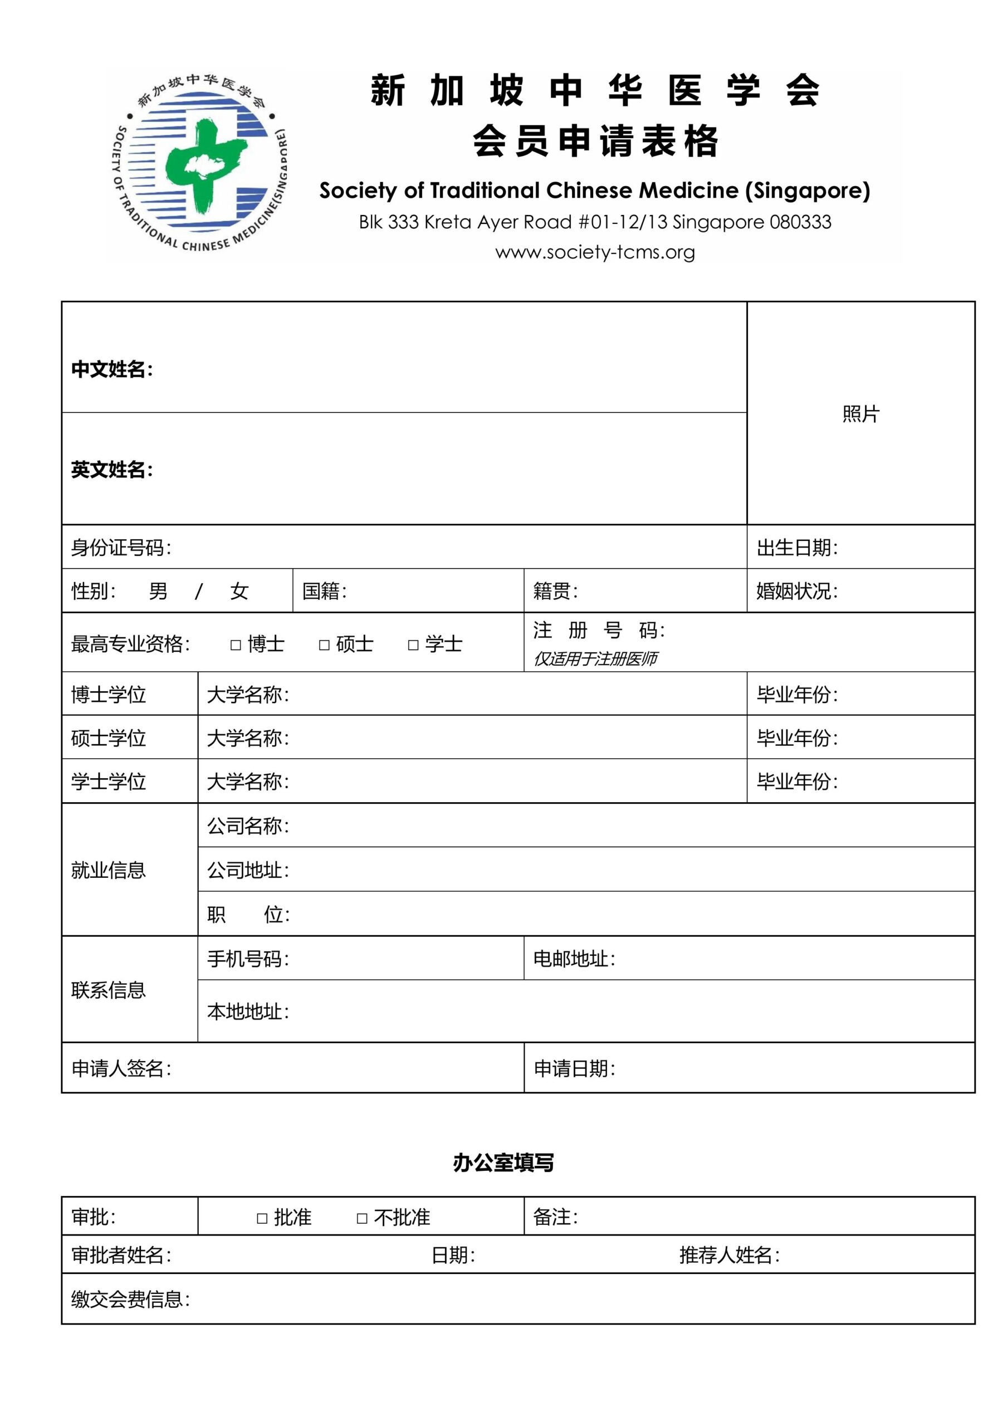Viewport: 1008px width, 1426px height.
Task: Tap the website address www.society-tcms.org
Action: (594, 252)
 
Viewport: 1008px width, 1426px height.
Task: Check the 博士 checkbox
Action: (236, 644)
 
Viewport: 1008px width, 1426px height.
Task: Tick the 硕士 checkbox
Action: (324, 644)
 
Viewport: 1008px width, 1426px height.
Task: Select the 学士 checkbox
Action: (413, 644)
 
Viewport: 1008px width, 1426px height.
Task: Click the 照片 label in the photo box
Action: (861, 414)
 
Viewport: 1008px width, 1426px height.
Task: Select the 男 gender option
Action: (158, 590)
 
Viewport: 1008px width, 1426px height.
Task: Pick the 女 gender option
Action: (239, 590)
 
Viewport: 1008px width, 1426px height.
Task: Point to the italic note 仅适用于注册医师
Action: (595, 658)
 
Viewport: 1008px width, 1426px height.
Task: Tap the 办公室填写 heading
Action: (503, 1163)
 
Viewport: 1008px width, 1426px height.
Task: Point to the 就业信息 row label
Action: (109, 870)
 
